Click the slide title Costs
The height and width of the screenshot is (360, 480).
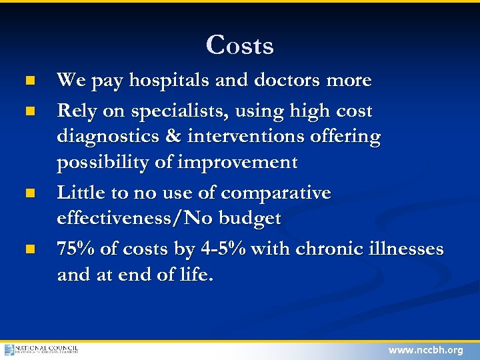[x=240, y=45]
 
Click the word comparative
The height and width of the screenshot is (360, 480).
[x=275, y=193]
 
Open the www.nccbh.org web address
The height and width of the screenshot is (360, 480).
[x=425, y=350]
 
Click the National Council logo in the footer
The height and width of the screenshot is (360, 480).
[x=41, y=349]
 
